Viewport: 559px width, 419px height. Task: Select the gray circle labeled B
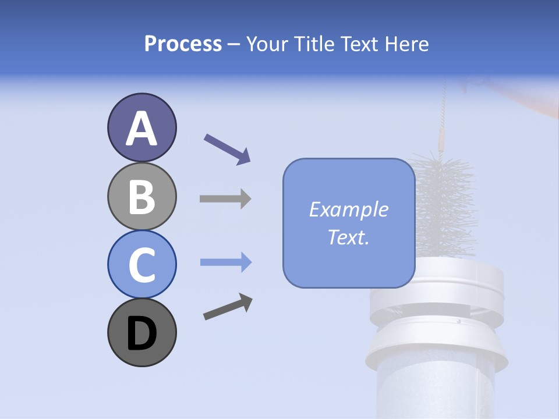[141, 196]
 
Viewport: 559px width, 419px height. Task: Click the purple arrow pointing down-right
[227, 148]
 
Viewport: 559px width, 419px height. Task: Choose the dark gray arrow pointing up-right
[228, 307]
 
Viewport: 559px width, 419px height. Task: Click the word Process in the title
[183, 44]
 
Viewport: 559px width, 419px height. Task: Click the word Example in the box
[348, 210]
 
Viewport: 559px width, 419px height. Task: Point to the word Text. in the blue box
[348, 237]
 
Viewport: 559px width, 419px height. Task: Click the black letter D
[141, 335]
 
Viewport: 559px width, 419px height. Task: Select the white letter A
[141, 128]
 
